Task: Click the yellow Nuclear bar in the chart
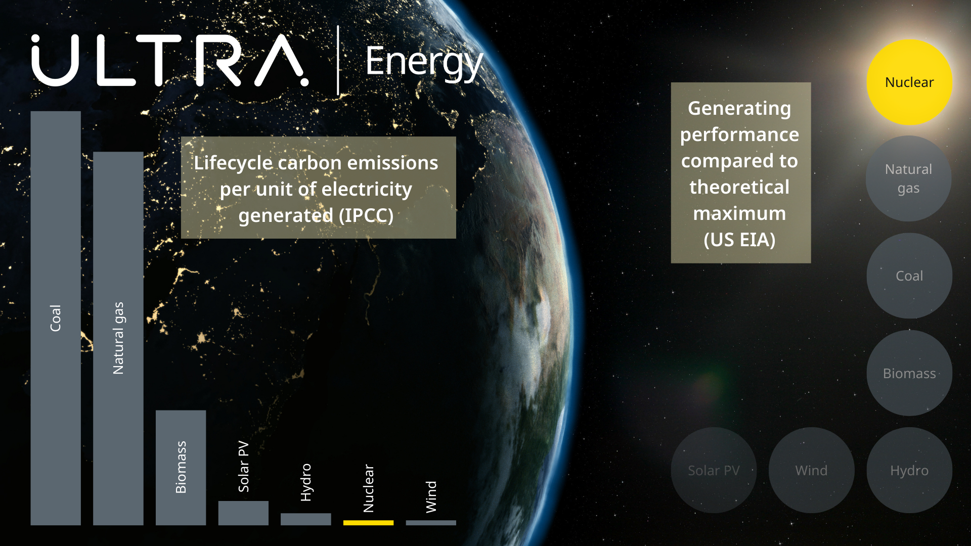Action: (x=368, y=523)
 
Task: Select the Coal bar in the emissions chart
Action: (x=56, y=318)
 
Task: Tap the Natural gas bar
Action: (x=118, y=338)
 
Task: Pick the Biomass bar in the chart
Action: (x=181, y=468)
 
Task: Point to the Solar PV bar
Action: (x=243, y=513)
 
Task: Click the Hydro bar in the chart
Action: (x=306, y=519)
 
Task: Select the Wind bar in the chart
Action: (x=431, y=523)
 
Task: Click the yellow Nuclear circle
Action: (x=909, y=82)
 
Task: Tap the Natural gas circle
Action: (x=909, y=178)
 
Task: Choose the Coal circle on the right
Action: (x=909, y=276)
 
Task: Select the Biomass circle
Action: (x=909, y=373)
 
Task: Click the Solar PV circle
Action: (x=714, y=470)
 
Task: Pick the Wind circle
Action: (x=812, y=470)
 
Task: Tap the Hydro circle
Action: (x=909, y=470)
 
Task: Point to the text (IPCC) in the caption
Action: (x=366, y=215)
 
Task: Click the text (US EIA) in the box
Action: (x=739, y=240)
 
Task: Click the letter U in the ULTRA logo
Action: (x=55, y=60)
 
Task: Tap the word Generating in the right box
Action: (x=739, y=109)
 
